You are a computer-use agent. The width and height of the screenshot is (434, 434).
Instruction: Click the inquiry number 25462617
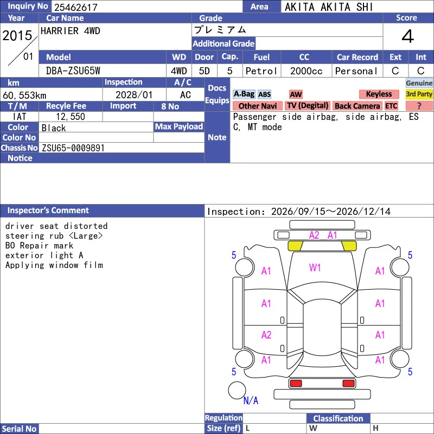pos(76,7)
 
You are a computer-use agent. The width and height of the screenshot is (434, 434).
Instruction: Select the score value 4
pos(408,36)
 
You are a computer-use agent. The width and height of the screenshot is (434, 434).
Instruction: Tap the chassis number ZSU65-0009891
pos(73,148)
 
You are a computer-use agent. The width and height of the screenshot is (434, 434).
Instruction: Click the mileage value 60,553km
pos(24,95)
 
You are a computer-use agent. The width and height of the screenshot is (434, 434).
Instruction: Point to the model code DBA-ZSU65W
pos(73,71)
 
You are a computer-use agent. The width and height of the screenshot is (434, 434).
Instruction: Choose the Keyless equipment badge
pos(379,94)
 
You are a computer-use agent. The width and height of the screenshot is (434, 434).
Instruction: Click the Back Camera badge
pos(357,106)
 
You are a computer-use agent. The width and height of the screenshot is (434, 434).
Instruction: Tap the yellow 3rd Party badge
pos(419,94)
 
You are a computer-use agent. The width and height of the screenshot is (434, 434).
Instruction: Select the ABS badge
pos(264,94)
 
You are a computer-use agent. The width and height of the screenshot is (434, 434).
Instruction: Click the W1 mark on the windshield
pos(315,267)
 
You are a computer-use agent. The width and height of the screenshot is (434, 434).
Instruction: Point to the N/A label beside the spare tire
pos(251,400)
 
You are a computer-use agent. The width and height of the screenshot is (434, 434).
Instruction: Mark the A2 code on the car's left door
pos(266,335)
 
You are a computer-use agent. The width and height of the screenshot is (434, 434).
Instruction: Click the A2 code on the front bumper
pos(314,235)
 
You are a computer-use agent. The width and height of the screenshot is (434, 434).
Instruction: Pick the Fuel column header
pos(261,58)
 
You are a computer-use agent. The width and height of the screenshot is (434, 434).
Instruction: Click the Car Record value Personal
pos(356,71)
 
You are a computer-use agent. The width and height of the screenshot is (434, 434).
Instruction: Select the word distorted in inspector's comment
pos(86,226)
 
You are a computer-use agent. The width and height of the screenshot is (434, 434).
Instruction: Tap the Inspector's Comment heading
pos(48,210)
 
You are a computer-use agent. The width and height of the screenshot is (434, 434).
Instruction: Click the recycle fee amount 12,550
pos(71,117)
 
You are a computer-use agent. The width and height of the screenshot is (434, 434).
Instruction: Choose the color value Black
pos(54,128)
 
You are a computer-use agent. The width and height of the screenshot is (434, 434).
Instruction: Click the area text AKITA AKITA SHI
pos(329,7)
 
